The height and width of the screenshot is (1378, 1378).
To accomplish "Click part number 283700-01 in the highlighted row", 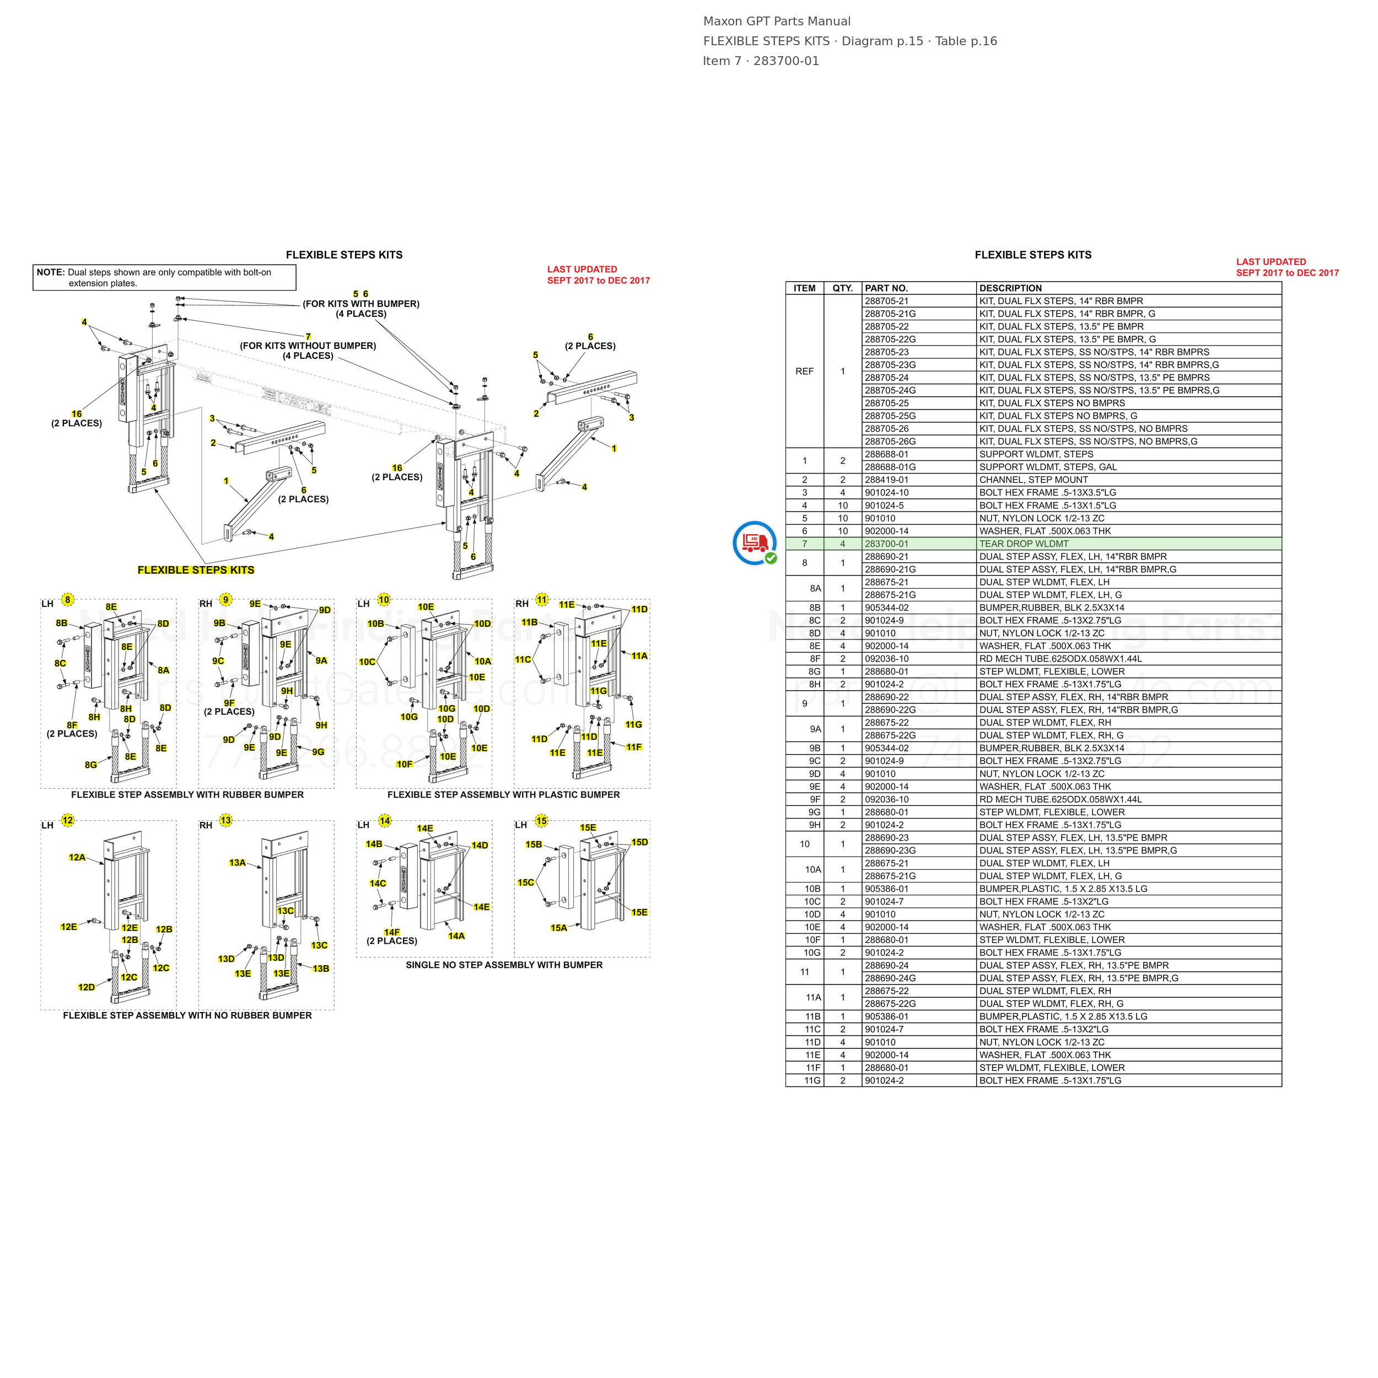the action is [x=886, y=544].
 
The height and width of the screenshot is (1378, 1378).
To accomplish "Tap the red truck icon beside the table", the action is [x=755, y=543].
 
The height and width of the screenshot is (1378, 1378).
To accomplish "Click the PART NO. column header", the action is [x=886, y=288].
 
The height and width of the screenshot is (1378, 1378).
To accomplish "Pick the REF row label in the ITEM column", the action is [x=805, y=372].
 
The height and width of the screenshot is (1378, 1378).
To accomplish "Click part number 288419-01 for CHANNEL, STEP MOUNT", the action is [x=886, y=480].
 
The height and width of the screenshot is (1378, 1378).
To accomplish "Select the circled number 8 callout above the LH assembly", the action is [x=68, y=599].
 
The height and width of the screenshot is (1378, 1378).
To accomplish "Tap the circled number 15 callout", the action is [x=541, y=821].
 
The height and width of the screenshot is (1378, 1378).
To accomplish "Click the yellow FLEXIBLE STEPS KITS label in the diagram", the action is [x=196, y=570].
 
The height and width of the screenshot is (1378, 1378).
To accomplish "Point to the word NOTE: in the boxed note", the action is [x=51, y=272].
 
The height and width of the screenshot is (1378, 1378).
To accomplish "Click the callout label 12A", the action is [x=77, y=857].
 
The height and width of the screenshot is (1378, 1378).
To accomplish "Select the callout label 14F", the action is [x=391, y=932].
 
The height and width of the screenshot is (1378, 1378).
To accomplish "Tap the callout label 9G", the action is [x=318, y=752].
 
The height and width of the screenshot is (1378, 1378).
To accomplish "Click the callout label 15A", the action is [x=558, y=928].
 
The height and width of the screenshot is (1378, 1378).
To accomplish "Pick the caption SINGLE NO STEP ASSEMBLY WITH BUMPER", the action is [x=504, y=965].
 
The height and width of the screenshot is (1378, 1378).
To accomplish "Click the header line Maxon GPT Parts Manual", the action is [x=777, y=21].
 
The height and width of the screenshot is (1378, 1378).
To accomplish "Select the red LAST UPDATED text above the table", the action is [x=1271, y=262].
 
